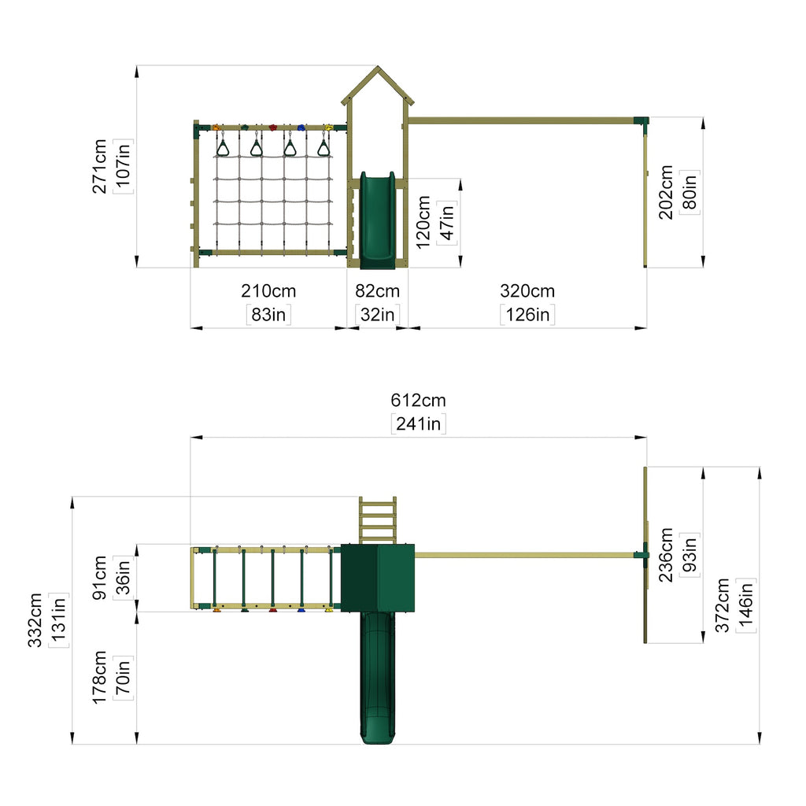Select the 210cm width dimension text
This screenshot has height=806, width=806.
268,291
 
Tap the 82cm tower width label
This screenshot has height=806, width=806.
377,291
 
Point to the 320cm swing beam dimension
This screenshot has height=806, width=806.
527,291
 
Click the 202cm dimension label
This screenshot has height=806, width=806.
665,192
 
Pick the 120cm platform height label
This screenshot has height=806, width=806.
423,222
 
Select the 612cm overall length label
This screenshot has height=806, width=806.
419,400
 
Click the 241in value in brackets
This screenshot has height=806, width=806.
419,423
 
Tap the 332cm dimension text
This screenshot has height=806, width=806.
35,620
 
